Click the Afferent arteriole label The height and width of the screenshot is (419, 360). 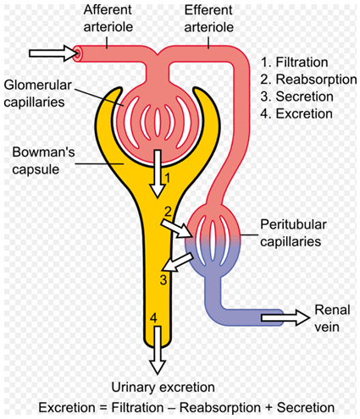108,19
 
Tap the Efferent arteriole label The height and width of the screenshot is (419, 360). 209,19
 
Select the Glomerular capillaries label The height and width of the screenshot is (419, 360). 37,94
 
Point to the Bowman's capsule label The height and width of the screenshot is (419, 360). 43,161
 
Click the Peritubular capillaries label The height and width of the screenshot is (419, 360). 293,233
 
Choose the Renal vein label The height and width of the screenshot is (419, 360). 332,318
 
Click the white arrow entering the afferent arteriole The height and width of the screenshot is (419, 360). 53,53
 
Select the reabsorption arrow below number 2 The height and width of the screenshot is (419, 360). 177,229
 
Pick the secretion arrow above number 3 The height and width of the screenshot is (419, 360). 179,262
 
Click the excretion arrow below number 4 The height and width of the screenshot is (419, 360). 157,350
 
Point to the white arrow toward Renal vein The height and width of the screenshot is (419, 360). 285,317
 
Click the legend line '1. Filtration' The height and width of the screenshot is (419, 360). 294,63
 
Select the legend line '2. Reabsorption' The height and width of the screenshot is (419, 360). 308,80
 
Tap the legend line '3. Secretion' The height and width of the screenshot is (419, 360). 296,96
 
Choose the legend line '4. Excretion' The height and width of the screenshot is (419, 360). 296,114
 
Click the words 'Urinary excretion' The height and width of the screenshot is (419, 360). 163,388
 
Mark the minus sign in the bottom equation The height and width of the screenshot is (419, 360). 171,408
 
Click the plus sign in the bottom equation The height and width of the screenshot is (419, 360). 269,408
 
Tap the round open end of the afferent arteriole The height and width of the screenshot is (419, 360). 77,53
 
